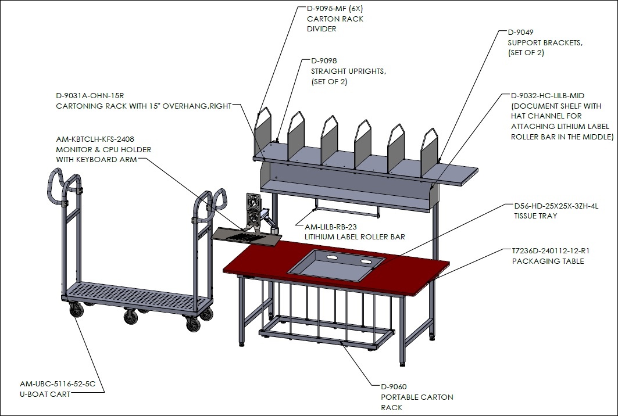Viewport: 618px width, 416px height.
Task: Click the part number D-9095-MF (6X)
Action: tap(335, 8)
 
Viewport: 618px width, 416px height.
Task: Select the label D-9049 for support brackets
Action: tap(520, 33)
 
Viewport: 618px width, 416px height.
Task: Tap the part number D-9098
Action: tap(324, 60)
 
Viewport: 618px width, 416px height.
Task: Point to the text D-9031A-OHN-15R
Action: tap(90, 96)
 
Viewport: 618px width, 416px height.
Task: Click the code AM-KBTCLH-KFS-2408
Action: tap(95, 139)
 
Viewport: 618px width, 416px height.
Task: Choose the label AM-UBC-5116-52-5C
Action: tap(58, 383)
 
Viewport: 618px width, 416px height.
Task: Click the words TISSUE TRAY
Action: tap(535, 216)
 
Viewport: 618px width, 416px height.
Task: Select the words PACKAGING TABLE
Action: tap(548, 261)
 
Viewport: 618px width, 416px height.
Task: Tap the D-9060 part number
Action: tap(394, 387)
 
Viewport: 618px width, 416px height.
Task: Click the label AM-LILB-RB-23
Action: tap(331, 227)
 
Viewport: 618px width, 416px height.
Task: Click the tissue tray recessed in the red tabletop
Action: tap(336, 265)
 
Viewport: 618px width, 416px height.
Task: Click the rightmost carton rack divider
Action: tap(429, 152)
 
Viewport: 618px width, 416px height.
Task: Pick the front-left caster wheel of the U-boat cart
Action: tap(77, 310)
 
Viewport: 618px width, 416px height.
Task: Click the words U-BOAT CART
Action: tap(45, 394)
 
